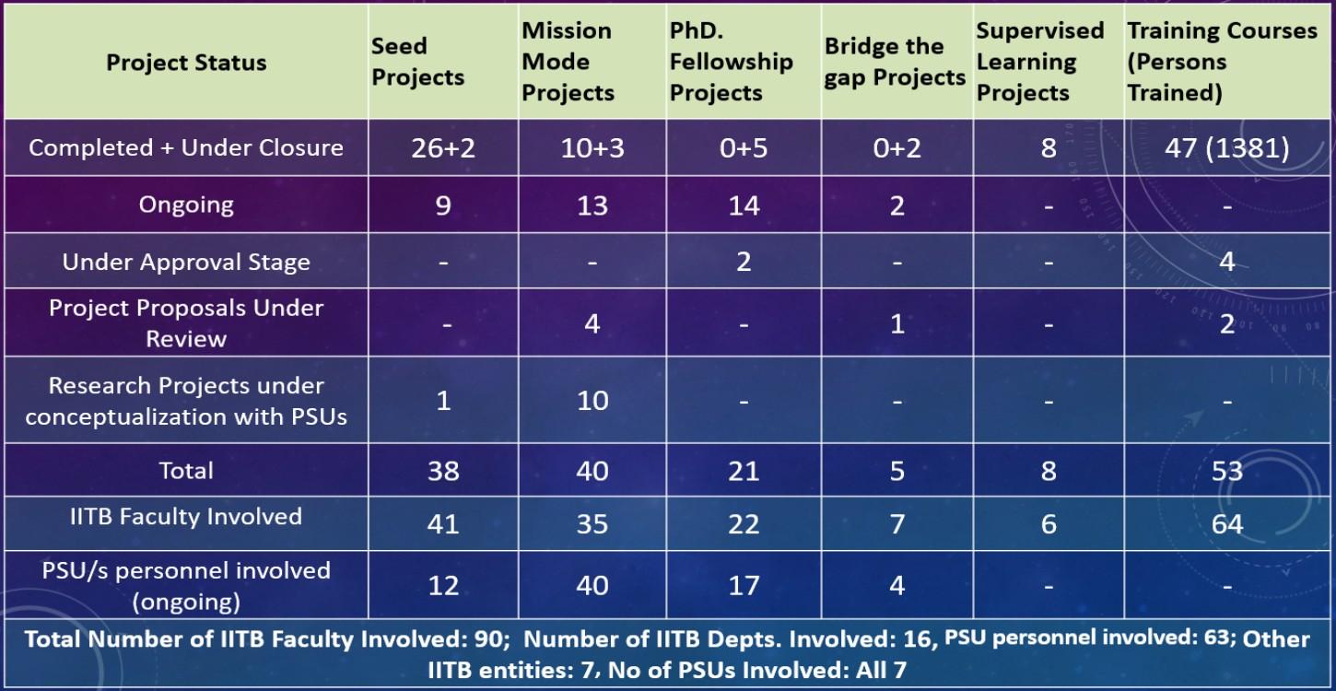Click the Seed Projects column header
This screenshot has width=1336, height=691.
tap(417, 62)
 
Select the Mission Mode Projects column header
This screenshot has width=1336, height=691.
tap(568, 62)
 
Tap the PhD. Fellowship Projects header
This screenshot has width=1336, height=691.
tap(731, 62)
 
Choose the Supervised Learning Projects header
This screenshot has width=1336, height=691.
tap(1039, 62)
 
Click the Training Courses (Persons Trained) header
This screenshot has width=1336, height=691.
tap(1222, 62)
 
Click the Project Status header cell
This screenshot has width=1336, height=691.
tap(186, 63)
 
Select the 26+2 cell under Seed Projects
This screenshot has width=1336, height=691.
tap(443, 148)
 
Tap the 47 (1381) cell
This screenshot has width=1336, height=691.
tap(1226, 148)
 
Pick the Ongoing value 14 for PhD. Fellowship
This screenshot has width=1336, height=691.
tap(744, 205)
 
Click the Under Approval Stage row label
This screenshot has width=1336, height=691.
tap(186, 263)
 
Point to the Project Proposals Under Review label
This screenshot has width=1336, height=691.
tap(186, 322)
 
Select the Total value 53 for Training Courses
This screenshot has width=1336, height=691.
tap(1226, 471)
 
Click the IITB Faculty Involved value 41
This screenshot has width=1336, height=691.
tap(443, 524)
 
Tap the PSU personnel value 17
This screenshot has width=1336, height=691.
tap(744, 585)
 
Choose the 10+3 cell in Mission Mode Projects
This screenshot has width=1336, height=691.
tap(592, 148)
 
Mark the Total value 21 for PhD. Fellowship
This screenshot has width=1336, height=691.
tap(744, 471)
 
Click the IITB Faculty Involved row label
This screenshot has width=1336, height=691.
tap(186, 517)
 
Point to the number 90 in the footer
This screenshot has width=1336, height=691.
tap(495, 639)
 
